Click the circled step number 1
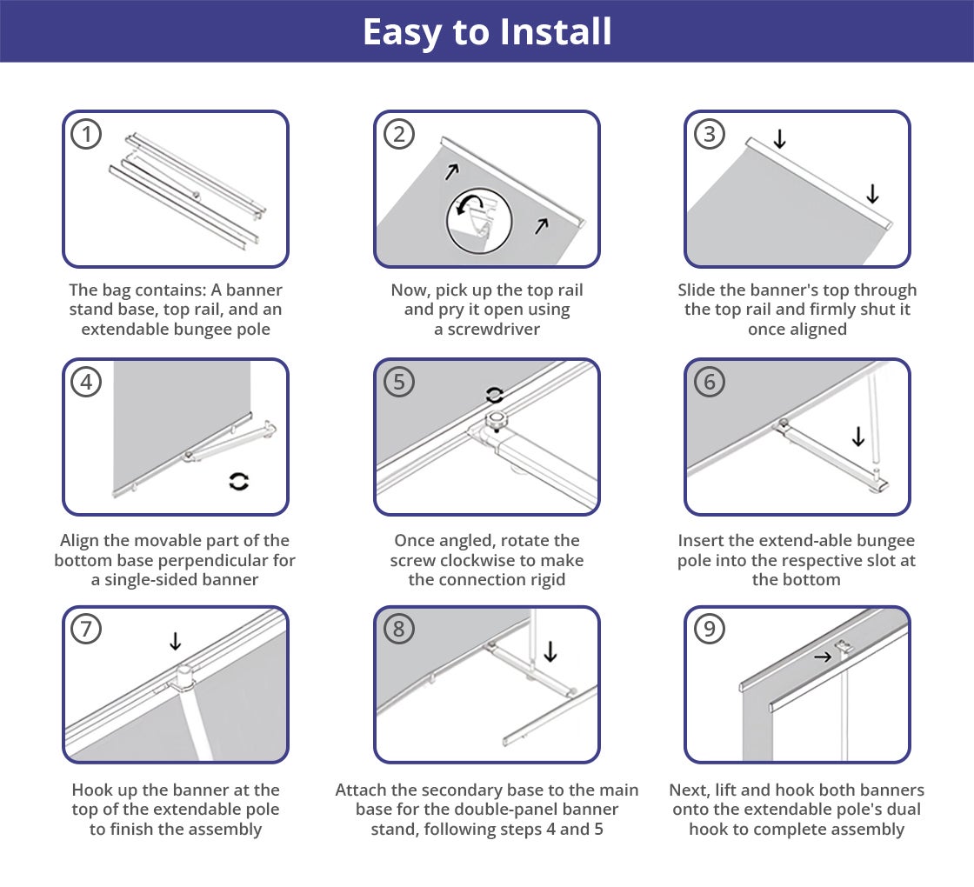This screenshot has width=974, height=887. tap(86, 134)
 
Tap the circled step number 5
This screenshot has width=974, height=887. tap(399, 382)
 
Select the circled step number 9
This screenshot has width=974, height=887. tap(709, 629)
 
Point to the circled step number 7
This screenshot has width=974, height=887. tap(86, 629)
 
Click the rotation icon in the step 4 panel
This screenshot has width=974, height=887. tap(239, 482)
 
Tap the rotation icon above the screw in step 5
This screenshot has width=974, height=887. tap(495, 395)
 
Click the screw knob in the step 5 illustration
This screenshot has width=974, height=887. tap(497, 421)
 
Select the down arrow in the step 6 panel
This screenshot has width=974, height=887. tap(857, 436)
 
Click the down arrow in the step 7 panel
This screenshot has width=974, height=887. tap(175, 640)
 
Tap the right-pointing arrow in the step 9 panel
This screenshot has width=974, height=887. tap(823, 657)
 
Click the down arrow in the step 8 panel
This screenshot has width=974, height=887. tap(550, 651)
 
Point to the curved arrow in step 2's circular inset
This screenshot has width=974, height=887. tap(469, 204)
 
